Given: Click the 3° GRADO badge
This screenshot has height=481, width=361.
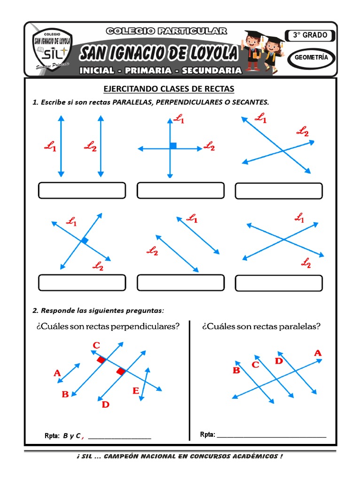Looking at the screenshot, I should tap(310, 36).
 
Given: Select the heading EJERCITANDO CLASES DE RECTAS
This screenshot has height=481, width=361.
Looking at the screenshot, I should tap(169, 89).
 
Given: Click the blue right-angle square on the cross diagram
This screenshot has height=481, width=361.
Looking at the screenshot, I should tap(173, 146).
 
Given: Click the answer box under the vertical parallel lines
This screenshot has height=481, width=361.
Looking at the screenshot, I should tap(82, 191).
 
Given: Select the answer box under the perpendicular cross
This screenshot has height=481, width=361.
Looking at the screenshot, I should tap(180, 191).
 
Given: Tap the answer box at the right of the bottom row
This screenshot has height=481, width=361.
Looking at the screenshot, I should tap(279, 283).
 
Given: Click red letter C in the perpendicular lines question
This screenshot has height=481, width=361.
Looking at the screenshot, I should tap(96, 346).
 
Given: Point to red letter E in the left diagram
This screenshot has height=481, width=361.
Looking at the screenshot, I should tap(135, 390).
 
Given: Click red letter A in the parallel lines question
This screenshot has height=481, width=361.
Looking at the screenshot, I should tap(318, 353).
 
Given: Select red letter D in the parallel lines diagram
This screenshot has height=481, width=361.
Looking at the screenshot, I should tap(279, 361).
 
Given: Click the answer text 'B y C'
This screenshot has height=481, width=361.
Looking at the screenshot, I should tap(71, 435).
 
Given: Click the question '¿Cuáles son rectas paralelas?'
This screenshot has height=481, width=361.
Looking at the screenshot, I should tap(261, 326).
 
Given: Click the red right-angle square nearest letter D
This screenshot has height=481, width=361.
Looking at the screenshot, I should tap(121, 372).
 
